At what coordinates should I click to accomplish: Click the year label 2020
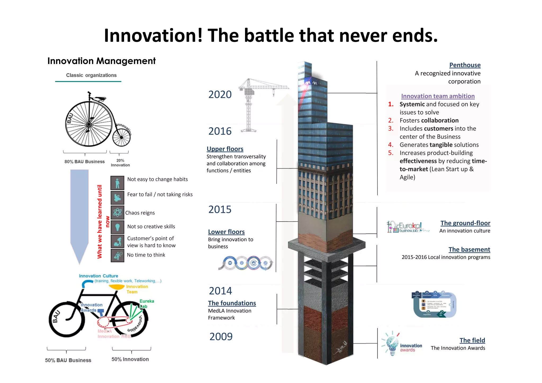pos(220,94)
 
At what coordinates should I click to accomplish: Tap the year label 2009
pos(221,336)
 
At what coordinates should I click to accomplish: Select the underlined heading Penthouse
pos(465,65)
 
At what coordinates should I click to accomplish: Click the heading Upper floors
pos(225,149)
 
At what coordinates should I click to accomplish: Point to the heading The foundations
pos(232,303)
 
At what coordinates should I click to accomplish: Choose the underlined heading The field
pos(472,340)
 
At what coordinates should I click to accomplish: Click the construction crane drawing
pos(254,103)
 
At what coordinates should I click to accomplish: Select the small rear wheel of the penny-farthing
pos(121,137)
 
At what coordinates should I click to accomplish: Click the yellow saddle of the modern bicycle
pos(116,287)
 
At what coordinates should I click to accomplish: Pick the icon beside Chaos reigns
pos(117,212)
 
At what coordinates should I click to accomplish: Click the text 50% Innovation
pos(130,359)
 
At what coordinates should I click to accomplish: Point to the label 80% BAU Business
pos(84,161)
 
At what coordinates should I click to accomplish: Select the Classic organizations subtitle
pos(91,75)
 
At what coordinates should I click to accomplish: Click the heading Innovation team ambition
pos(438,96)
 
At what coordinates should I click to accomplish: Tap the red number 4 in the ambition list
pos(391,145)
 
